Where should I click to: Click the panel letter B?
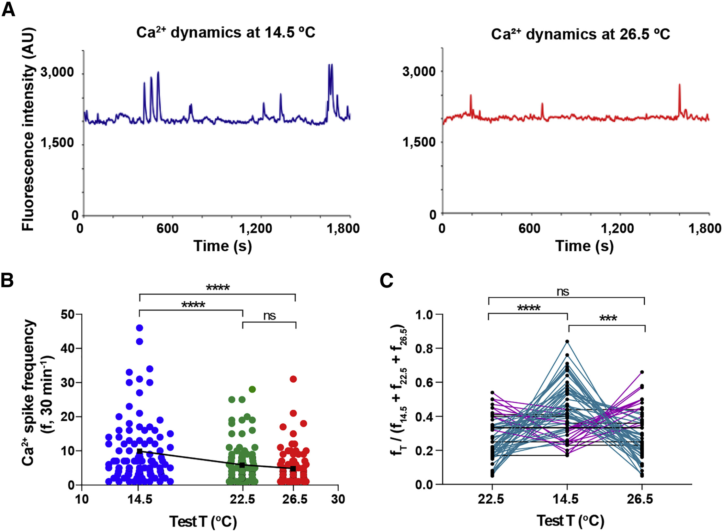pos(7,280)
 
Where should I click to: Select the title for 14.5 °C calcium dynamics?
pos(226,33)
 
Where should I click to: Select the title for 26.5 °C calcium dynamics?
pos(580,34)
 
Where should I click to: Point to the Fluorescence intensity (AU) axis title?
pos(28,129)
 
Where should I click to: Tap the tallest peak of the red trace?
pos(680,85)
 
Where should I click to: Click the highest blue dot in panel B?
pos(140,328)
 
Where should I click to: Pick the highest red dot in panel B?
pos(293,379)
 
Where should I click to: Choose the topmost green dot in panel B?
pos(252,389)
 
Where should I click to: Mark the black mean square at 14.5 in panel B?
pos(140,451)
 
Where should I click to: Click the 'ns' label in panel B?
pos(269,316)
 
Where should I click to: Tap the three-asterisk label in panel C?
pos(608,318)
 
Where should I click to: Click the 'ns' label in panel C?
pos(563,292)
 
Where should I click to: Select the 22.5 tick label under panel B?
pos(242,499)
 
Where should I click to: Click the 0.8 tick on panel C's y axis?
pos(424,348)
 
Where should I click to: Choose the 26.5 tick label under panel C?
pos(640,499)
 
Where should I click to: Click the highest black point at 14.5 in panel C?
pos(567,342)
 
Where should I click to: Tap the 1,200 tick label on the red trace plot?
pos(617,229)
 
